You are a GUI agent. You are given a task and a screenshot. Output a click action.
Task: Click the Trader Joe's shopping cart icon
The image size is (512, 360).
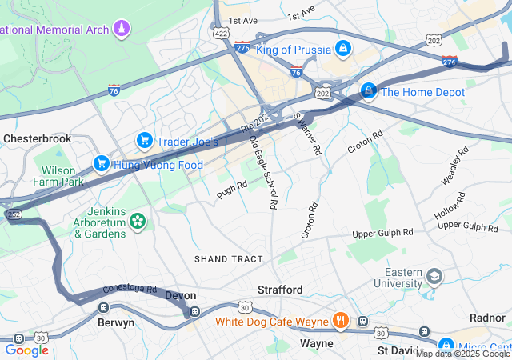click(x=145, y=141)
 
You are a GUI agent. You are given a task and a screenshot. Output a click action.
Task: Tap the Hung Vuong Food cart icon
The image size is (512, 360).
click(x=102, y=164)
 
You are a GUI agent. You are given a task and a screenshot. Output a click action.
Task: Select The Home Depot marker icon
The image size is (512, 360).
click(x=368, y=92)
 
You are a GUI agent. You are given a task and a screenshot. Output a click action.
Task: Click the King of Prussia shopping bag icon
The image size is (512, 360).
click(x=343, y=49)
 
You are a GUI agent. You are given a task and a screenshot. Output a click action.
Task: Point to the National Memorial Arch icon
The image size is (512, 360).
click(x=121, y=30)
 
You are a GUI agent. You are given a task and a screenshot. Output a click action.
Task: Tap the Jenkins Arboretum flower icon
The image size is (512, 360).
click(x=138, y=219)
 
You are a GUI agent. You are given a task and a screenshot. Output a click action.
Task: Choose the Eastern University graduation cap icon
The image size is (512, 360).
click(x=434, y=277)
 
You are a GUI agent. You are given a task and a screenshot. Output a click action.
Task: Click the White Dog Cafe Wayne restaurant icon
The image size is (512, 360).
click(x=341, y=322)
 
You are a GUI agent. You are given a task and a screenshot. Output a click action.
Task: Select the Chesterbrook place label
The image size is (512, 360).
click(x=38, y=138)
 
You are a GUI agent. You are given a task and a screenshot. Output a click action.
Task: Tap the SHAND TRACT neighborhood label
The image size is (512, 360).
click(x=228, y=259)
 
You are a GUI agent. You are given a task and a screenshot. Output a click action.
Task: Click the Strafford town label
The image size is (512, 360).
click(x=280, y=289)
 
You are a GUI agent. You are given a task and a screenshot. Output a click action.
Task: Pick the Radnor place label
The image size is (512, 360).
click(x=487, y=318)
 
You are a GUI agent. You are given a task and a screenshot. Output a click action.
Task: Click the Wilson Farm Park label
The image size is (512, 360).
click(x=58, y=176)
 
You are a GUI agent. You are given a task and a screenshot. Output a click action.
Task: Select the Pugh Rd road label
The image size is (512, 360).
click(x=232, y=189)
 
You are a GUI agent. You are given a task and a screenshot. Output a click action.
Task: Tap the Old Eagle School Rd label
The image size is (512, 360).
click(x=263, y=172)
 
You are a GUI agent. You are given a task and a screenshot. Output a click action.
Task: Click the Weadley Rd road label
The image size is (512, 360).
click(x=454, y=167)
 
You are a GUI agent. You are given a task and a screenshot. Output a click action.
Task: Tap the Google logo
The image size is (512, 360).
click(x=26, y=350)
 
